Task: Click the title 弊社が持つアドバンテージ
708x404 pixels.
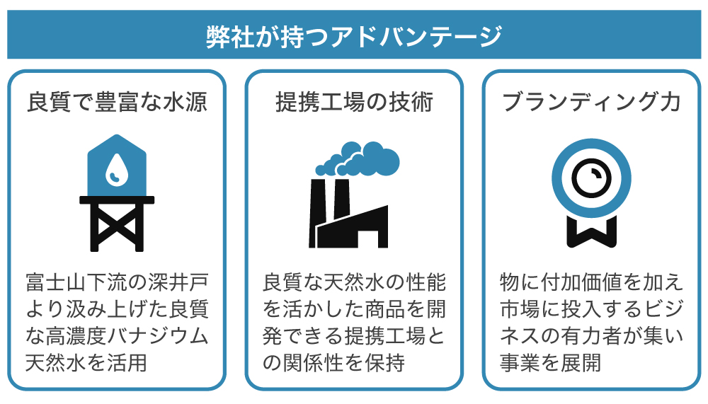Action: click(354, 36)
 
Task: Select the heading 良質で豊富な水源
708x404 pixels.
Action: click(117, 103)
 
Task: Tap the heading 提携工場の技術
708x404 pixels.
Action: click(354, 103)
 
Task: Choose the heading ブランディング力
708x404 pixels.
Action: click(591, 103)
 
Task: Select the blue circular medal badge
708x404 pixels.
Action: click(591, 180)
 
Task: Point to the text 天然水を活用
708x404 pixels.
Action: click(86, 363)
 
